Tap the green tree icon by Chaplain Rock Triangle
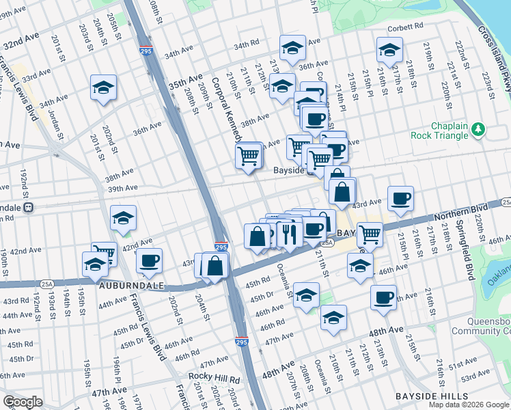479,128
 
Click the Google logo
23,402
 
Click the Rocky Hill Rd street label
215,379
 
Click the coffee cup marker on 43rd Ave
400,198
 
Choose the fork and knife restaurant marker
290,234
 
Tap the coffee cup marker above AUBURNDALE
149,260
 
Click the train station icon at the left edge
28,207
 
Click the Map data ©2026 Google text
468,405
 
